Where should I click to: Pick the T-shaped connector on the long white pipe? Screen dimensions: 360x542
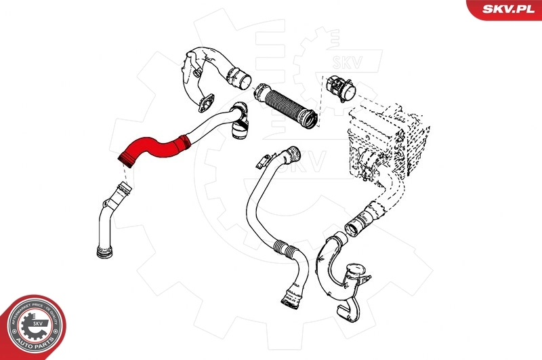pyautogui.click(x=239, y=126)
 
